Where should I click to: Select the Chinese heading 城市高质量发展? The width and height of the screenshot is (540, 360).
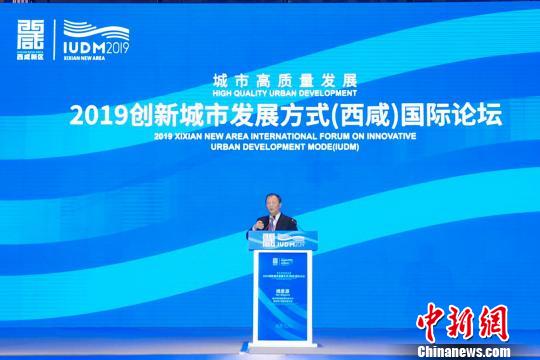270,80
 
